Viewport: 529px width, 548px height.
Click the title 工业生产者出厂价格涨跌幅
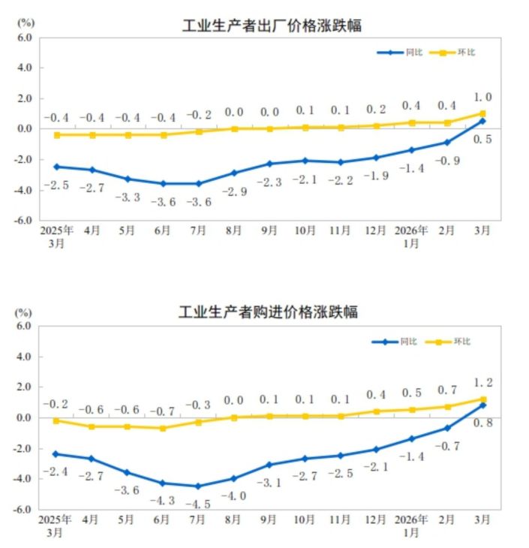pos(272,26)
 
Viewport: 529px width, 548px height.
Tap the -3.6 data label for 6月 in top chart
pos(164,202)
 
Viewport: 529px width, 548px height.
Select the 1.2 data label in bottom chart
pos(483,384)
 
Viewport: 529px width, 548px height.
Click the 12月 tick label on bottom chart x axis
pos(376,519)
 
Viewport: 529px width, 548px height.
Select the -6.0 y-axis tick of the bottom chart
pos(23,509)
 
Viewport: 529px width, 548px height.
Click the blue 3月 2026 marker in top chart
pos(482,120)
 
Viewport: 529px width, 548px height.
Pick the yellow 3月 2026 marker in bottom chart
pos(483,399)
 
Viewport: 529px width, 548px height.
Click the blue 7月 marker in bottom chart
pos(197,486)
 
